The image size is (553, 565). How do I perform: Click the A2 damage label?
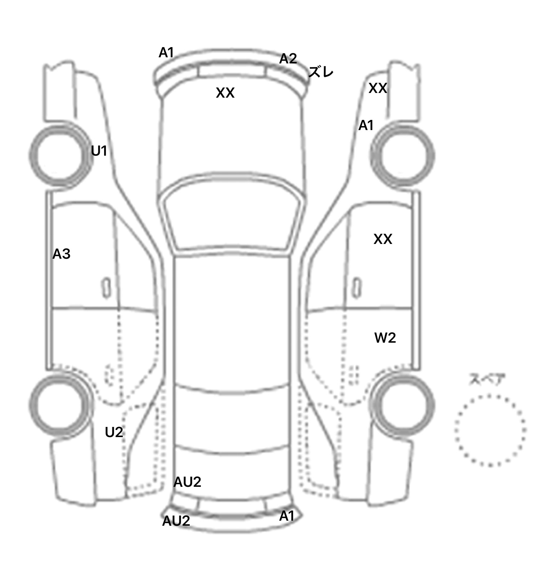click(x=288, y=58)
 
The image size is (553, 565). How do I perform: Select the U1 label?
click(x=99, y=151)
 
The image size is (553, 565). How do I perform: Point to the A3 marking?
click(x=61, y=254)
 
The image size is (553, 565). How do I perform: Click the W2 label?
click(x=385, y=338)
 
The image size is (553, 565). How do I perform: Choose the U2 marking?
click(x=114, y=432)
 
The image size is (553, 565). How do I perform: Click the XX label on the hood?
click(x=225, y=93)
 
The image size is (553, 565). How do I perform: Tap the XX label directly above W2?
click(x=383, y=239)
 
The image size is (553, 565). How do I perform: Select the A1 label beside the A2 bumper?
click(x=166, y=53)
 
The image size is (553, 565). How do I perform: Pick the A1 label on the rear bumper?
click(x=287, y=516)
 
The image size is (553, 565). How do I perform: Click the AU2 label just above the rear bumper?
click(x=187, y=482)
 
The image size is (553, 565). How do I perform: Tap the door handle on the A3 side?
click(x=106, y=288)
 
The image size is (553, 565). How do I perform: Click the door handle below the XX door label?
click(x=357, y=288)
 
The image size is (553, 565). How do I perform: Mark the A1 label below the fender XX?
click(x=366, y=125)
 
